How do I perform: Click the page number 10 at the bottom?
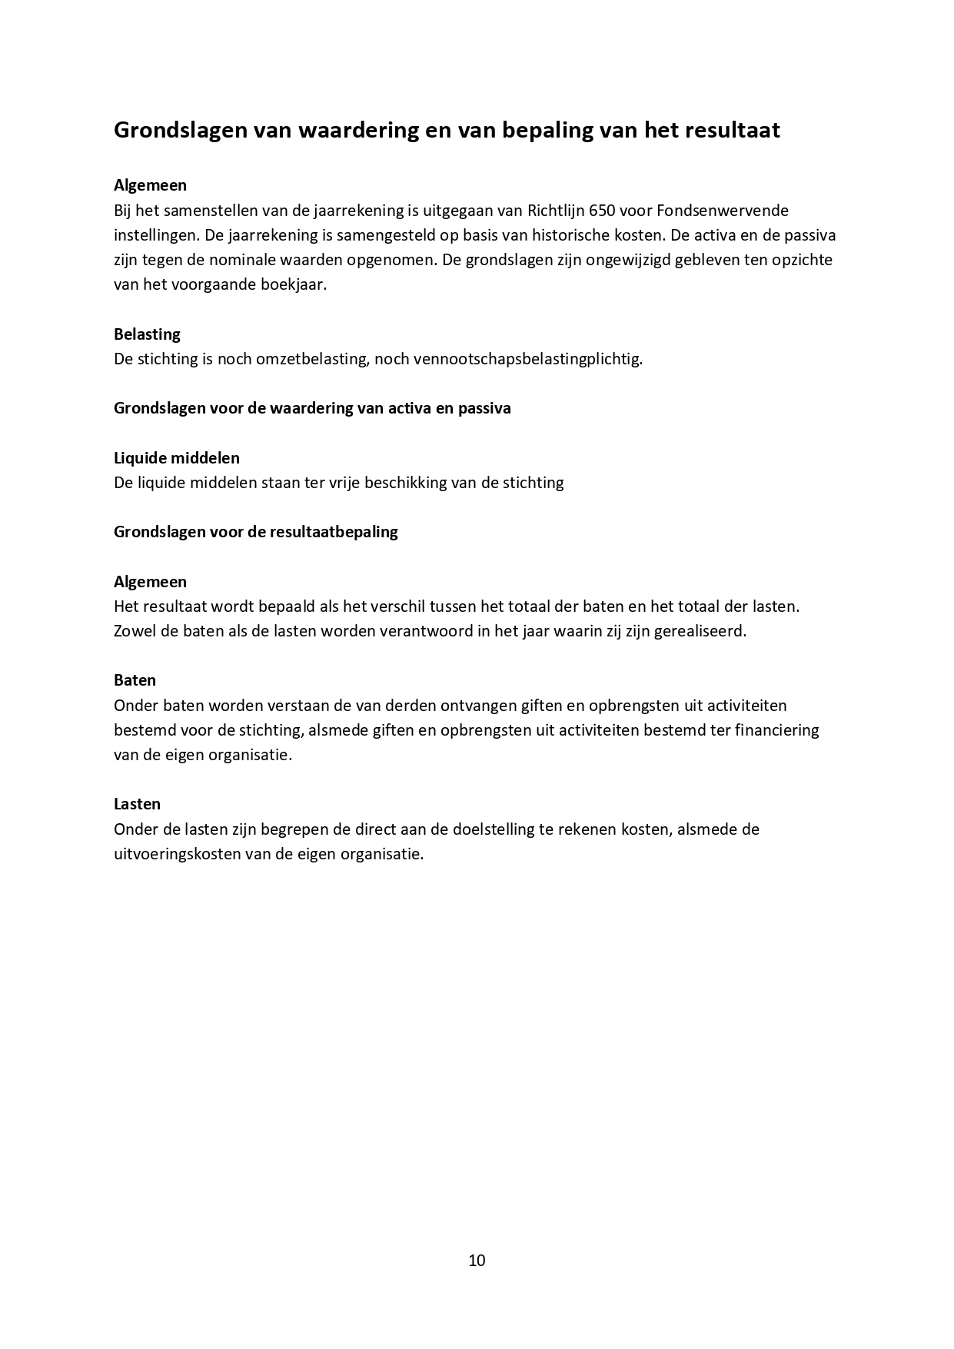tap(477, 1261)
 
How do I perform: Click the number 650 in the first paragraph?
tap(602, 210)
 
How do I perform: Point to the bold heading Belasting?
tap(147, 334)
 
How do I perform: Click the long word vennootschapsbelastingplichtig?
tap(527, 359)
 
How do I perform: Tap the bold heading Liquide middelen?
tap(177, 458)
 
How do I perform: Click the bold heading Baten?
tap(135, 680)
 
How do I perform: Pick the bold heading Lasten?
tap(137, 804)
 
